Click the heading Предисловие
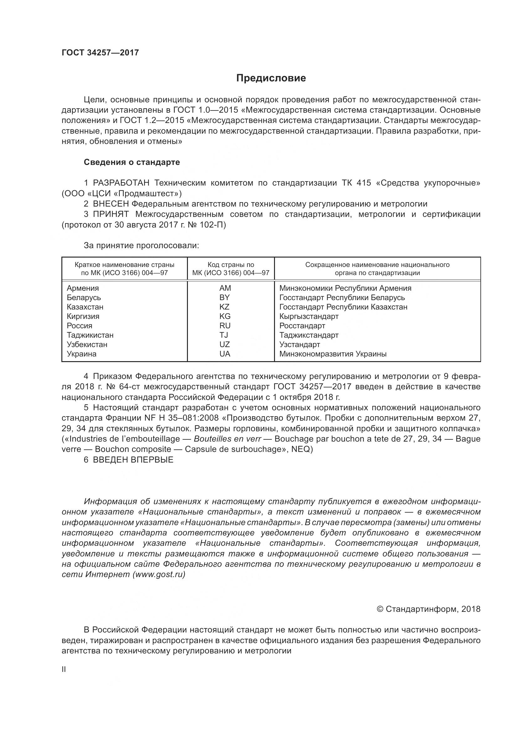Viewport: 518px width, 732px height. click(x=271, y=78)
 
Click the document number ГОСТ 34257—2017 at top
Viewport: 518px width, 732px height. click(x=100, y=53)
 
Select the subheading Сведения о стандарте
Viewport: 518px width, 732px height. click(x=132, y=162)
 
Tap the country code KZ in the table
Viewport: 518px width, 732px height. click(x=225, y=307)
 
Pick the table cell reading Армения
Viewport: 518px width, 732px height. click(x=83, y=288)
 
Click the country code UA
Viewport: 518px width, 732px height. click(x=225, y=354)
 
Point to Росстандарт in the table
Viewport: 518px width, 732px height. click(x=302, y=326)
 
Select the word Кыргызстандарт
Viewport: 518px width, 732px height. click(x=309, y=317)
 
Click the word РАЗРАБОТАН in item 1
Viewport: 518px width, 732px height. click(x=121, y=183)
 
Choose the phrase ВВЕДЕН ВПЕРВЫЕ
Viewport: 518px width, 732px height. click(x=133, y=460)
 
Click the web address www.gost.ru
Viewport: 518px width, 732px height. click(x=159, y=575)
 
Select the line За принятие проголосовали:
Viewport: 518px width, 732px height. click(x=141, y=246)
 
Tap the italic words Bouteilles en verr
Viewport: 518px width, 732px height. click(x=227, y=439)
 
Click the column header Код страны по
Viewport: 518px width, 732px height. click(x=231, y=265)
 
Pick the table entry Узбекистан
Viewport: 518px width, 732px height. click(x=87, y=345)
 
